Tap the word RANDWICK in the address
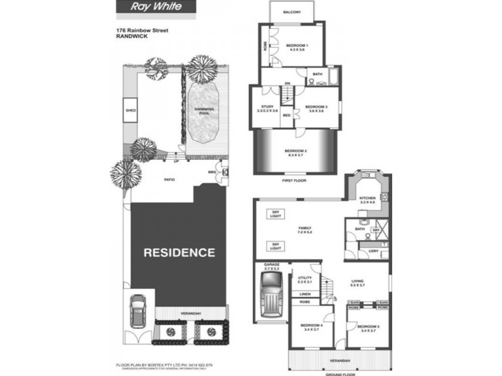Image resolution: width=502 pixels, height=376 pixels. pos(131,36)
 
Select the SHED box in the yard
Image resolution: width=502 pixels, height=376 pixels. pos(131,110)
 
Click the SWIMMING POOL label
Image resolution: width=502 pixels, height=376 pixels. pos(203,111)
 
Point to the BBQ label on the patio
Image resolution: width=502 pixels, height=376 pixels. pos(212,171)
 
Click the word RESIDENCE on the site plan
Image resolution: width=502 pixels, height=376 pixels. pos(179,253)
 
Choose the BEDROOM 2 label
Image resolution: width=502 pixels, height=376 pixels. pos(295,152)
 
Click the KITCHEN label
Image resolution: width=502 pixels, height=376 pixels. pos(367,200)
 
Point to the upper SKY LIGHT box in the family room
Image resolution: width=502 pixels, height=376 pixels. pos(274,213)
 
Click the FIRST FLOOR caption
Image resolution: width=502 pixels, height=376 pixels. pos(294,182)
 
